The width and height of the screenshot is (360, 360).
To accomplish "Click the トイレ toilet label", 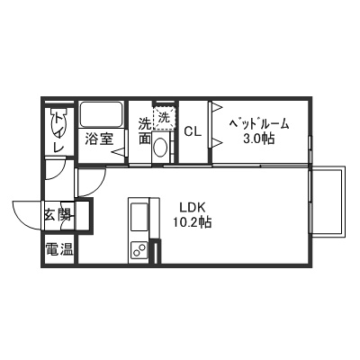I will point(58,130).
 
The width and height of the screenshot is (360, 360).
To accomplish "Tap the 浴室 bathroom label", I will point(99,139).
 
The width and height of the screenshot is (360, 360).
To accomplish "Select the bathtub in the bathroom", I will point(101,115).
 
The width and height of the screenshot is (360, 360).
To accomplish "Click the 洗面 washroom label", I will point(144,131).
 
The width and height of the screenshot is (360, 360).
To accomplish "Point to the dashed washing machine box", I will point(164,117).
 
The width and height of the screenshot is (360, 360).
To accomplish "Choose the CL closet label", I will point(193,131).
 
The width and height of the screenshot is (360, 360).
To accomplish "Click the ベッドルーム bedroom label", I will point(258,121).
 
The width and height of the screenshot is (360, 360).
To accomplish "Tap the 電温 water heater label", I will point(59,249).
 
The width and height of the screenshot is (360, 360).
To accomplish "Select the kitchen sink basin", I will point(139,219).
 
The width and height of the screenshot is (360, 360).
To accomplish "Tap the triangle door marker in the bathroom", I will point(118,152).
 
